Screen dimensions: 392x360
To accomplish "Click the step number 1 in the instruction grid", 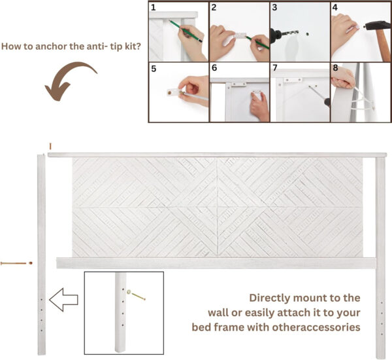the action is [x=154, y=7].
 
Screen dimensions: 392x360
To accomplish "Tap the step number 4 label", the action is [x=335, y=7].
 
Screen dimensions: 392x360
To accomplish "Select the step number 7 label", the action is [x=275, y=67].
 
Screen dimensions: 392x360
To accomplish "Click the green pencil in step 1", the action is [x=186, y=31].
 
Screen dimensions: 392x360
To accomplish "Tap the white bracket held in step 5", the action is [x=174, y=92].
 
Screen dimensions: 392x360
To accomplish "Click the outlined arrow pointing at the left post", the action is [x=63, y=300].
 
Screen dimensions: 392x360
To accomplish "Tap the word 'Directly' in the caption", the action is [x=269, y=298].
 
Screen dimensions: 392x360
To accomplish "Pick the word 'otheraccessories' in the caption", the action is [x=316, y=327].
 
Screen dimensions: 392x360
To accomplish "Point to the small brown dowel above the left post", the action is [x=50, y=146].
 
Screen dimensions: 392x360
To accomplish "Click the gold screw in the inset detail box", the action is [x=139, y=297].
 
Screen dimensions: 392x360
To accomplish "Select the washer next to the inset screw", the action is [x=129, y=292].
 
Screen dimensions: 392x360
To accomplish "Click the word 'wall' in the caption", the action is [x=218, y=313].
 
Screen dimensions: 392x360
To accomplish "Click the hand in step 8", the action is [x=343, y=78].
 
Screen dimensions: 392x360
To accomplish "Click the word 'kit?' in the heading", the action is [x=133, y=46].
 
